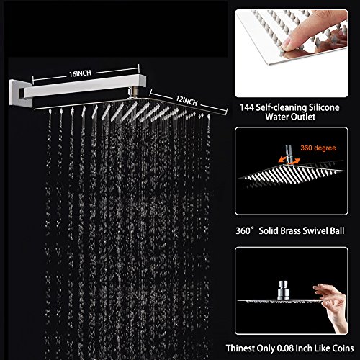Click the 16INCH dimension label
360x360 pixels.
click(80, 73)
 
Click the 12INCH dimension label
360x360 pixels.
click(186, 101)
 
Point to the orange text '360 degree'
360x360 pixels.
click(318, 148)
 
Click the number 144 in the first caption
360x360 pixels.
click(247, 107)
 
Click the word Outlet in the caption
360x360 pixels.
click(303, 117)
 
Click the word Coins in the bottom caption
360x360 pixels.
click(343, 348)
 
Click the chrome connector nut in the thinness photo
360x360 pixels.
click(283, 290)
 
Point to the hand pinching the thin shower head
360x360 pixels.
click(333, 307)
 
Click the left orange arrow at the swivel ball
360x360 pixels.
click(282, 159)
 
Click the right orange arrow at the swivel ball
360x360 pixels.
click(294, 161)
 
